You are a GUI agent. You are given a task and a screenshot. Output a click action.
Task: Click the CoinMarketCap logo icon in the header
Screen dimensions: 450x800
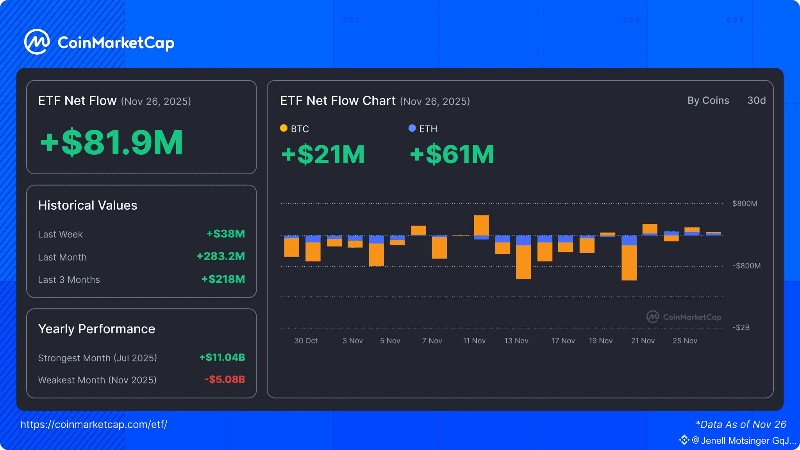coord(37,42)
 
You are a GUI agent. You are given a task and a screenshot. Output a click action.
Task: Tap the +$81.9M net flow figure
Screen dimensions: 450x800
coord(112,143)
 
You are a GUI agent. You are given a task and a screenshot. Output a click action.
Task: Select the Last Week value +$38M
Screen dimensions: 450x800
coord(225,234)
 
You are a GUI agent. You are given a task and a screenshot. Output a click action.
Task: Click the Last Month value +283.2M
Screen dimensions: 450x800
coord(221,256)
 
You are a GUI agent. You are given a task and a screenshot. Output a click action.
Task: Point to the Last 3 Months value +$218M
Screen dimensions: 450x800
coord(223,279)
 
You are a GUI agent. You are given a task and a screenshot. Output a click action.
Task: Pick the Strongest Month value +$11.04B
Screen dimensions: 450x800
coord(222,357)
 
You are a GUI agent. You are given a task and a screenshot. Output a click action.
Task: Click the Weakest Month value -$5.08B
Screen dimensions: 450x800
coord(225,379)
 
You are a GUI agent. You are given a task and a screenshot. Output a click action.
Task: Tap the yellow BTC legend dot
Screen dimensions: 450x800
coord(284,128)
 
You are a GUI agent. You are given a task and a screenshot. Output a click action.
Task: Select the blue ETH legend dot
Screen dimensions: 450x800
coord(412,128)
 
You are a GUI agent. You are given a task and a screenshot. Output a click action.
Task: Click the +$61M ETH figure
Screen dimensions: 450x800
coord(452,154)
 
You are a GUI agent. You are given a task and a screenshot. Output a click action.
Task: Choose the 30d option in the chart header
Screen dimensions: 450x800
coord(756,100)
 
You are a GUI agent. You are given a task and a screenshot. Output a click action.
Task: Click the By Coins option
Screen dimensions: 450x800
coord(708,100)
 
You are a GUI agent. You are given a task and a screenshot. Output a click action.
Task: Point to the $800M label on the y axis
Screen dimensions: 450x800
coord(745,204)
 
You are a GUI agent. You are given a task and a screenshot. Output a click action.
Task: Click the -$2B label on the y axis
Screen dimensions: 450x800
coord(741,327)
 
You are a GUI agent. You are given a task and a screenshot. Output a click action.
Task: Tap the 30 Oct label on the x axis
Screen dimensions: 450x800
coord(306,341)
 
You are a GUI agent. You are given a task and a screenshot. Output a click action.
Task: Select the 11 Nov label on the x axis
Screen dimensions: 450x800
coord(474,341)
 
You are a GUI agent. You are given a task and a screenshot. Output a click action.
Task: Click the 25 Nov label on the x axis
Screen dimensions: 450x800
coord(685,341)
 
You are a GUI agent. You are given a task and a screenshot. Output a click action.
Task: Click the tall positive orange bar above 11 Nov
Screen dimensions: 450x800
coord(481,225)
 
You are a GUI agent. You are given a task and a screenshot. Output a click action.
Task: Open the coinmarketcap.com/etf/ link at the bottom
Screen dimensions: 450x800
coord(94,425)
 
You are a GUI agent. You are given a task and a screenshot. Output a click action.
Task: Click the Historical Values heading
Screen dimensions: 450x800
coord(88,205)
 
